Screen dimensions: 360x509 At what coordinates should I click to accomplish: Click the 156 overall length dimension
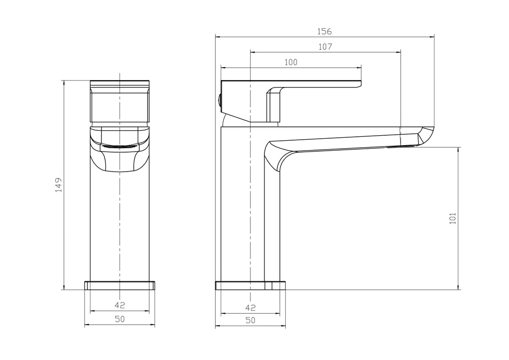pyautogui.click(x=324, y=31)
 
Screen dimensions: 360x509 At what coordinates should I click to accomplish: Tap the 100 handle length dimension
pyautogui.click(x=291, y=62)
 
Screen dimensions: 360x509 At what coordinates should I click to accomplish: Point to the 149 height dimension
pyautogui.click(x=58, y=184)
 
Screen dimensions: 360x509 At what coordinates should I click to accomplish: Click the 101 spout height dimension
pyautogui.click(x=452, y=218)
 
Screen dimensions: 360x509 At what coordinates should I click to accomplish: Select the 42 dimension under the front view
pyautogui.click(x=119, y=305)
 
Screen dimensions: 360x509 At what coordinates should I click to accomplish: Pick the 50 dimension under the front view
pyautogui.click(x=119, y=320)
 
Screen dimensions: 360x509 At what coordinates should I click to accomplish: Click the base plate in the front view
pyautogui.click(x=119, y=285)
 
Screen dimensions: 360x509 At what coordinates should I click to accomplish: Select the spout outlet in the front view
pyautogui.click(x=119, y=146)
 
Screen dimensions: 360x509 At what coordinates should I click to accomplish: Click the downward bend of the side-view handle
pyautogui.click(x=273, y=102)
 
